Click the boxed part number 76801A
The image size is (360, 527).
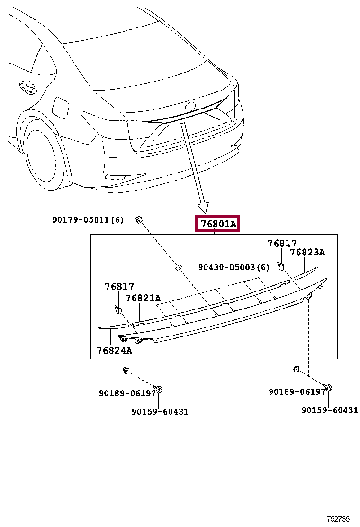pyautogui.click(x=218, y=224)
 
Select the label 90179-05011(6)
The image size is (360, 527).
pyautogui.click(x=88, y=219)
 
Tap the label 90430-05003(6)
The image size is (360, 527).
pyautogui.click(x=234, y=267)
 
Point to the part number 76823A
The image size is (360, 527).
pyautogui.click(x=307, y=253)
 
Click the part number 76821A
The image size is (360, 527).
pyautogui.click(x=143, y=298)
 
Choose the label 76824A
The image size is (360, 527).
pyautogui.click(x=114, y=350)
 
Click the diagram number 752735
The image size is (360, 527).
pyautogui.click(x=337, y=519)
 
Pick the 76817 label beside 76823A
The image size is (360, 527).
pyautogui.click(x=282, y=244)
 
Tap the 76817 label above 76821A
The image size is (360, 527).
pyautogui.click(x=119, y=287)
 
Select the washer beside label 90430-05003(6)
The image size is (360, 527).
pyautogui.click(x=179, y=268)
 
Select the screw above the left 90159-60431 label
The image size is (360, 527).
pyautogui.click(x=159, y=390)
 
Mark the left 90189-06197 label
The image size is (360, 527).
pyautogui.click(x=127, y=393)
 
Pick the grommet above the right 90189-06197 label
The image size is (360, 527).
pyautogui.click(x=296, y=369)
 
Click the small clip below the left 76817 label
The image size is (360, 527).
pyautogui.click(x=118, y=309)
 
